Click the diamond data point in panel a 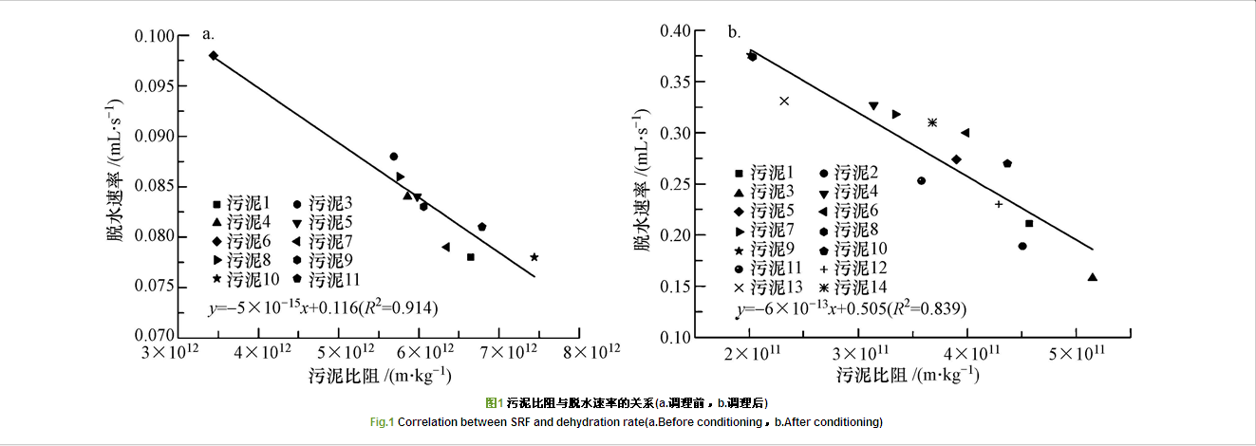pyautogui.click(x=214, y=56)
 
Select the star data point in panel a pyautogui.click(x=534, y=257)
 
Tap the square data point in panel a pyautogui.click(x=471, y=257)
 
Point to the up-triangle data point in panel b pyautogui.click(x=1092, y=277)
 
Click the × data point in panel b pyautogui.click(x=784, y=101)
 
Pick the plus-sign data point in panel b pyautogui.click(x=999, y=204)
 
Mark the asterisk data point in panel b pyautogui.click(x=932, y=122)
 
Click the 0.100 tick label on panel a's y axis pyautogui.click(x=169, y=36)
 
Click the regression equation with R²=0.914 pyautogui.click(x=323, y=307)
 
